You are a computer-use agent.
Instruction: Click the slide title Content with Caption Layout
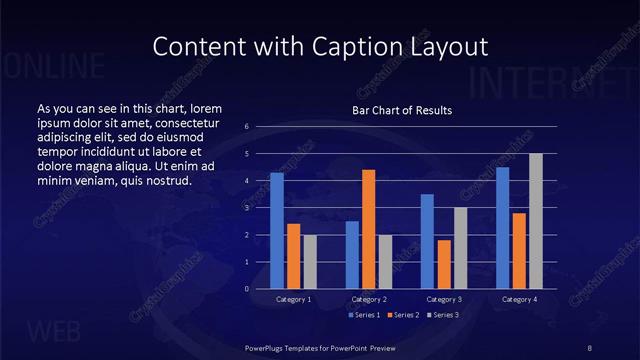[320, 46]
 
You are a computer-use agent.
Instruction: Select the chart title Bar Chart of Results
[402, 110]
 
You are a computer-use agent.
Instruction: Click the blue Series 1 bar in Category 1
[277, 231]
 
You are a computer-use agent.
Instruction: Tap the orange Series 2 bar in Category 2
[368, 229]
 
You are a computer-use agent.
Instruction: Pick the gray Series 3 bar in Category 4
[536, 221]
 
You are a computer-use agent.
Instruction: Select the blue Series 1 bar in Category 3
[427, 241]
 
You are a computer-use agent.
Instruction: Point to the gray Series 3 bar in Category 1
[310, 261]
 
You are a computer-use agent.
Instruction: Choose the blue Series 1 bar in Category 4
[502, 228]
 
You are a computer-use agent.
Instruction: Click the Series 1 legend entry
[363, 315]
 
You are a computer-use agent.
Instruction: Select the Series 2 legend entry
[403, 315]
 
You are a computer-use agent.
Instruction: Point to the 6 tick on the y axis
[247, 127]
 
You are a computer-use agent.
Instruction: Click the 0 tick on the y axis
[247, 289]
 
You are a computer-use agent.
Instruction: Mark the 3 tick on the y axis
[247, 208]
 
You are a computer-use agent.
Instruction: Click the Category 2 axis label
[369, 299]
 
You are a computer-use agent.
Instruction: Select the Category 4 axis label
[519, 299]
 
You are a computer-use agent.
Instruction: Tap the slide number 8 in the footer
[591, 347]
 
